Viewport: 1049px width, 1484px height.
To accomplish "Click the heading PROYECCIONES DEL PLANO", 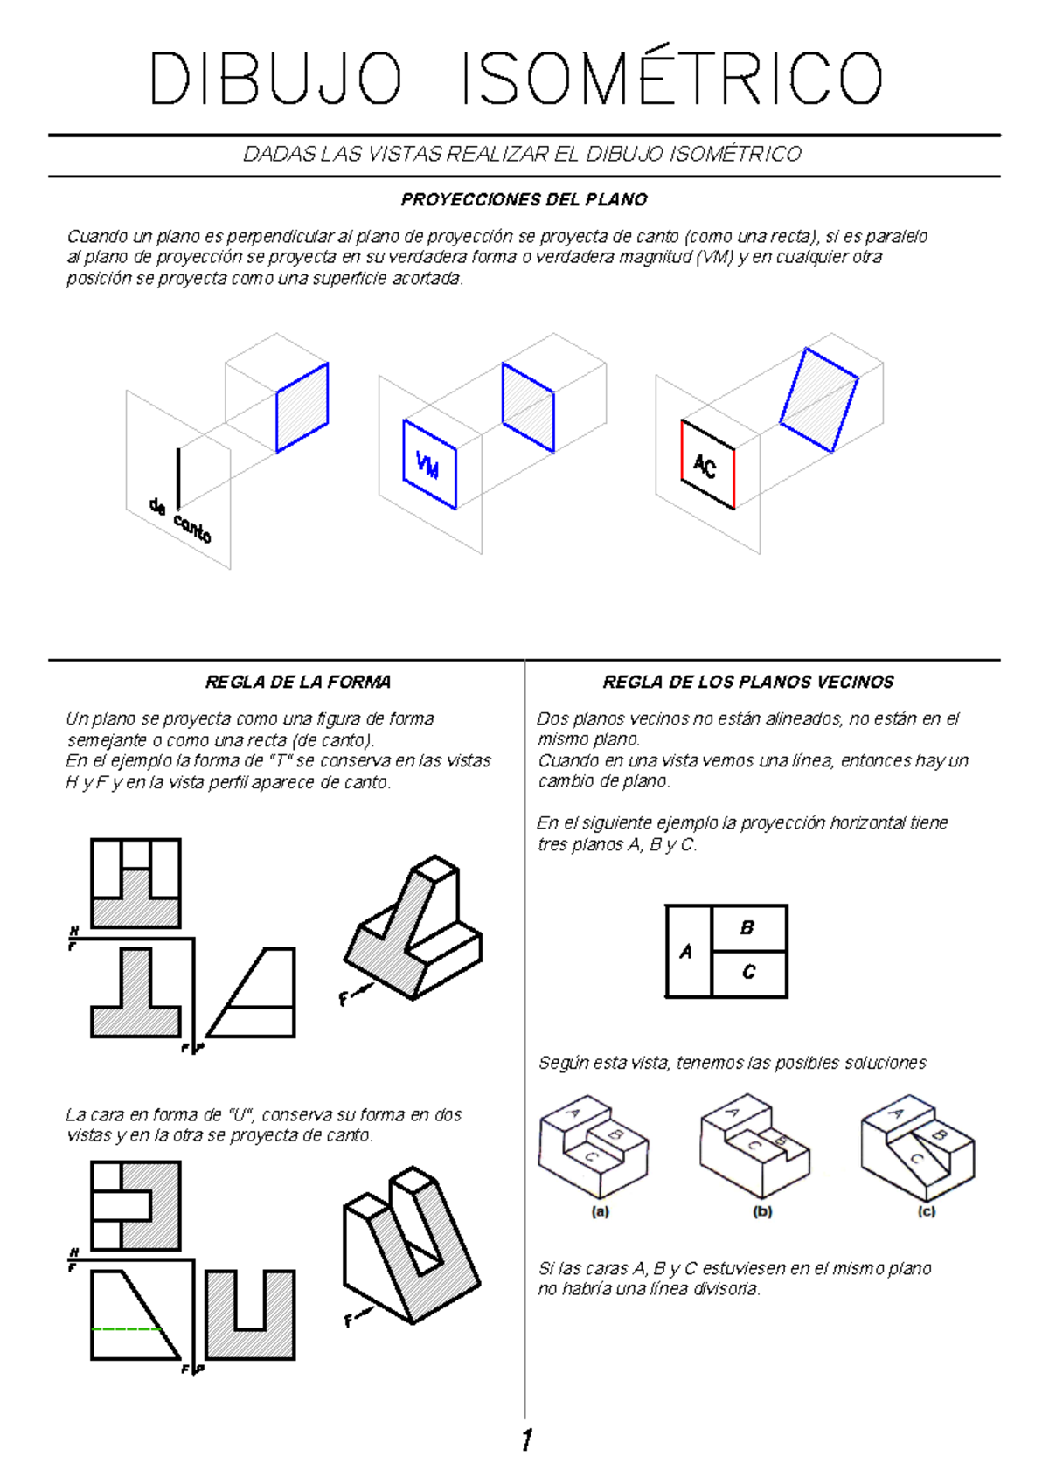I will pyautogui.click(x=524, y=200).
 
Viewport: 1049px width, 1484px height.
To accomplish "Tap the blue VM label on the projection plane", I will pyautogui.click(x=427, y=465).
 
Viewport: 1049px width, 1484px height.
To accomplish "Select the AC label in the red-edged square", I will pyautogui.click(x=705, y=467).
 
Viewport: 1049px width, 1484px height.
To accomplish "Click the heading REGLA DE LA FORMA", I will pyautogui.click(x=297, y=682).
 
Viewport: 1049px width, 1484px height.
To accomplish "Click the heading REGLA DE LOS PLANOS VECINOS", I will pyautogui.click(x=748, y=682).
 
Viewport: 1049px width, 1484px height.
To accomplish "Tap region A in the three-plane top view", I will pyautogui.click(x=686, y=952).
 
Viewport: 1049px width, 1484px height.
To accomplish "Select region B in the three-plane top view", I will pyautogui.click(x=747, y=928).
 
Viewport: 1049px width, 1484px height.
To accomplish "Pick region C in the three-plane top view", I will pyautogui.click(x=748, y=972).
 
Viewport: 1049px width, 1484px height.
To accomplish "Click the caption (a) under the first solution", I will pyautogui.click(x=600, y=1212).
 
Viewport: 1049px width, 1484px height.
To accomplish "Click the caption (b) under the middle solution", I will pyautogui.click(x=762, y=1212).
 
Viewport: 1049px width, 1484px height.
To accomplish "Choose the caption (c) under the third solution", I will pyautogui.click(x=927, y=1212).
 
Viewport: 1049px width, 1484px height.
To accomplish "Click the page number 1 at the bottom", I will pyautogui.click(x=526, y=1440).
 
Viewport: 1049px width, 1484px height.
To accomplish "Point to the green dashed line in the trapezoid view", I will pyautogui.click(x=127, y=1329).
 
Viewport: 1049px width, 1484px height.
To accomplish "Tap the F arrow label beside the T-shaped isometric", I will pyautogui.click(x=344, y=999).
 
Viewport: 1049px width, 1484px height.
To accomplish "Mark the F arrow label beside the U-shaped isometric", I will pyautogui.click(x=349, y=1321).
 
